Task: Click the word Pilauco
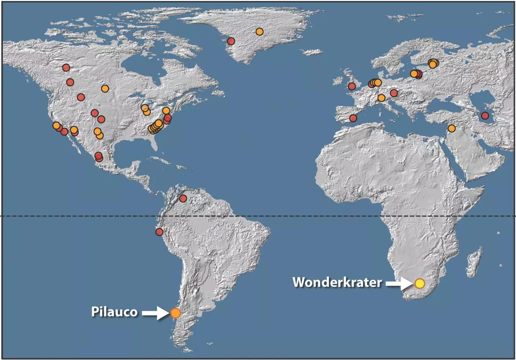[x=114, y=312]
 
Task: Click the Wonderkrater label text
[x=337, y=282]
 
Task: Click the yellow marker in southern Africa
[x=420, y=284]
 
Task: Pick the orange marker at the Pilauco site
[x=175, y=313]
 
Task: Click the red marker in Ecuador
[x=159, y=232]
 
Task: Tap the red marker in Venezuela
[x=183, y=198]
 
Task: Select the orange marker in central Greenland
[x=259, y=32]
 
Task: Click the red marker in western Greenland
[x=231, y=41]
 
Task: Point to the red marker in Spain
[x=353, y=118]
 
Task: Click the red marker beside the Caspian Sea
[x=485, y=115]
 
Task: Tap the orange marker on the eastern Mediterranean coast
[x=451, y=128]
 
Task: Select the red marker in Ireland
[x=352, y=86]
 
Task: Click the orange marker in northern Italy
[x=381, y=98]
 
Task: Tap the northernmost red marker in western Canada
[x=66, y=67]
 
